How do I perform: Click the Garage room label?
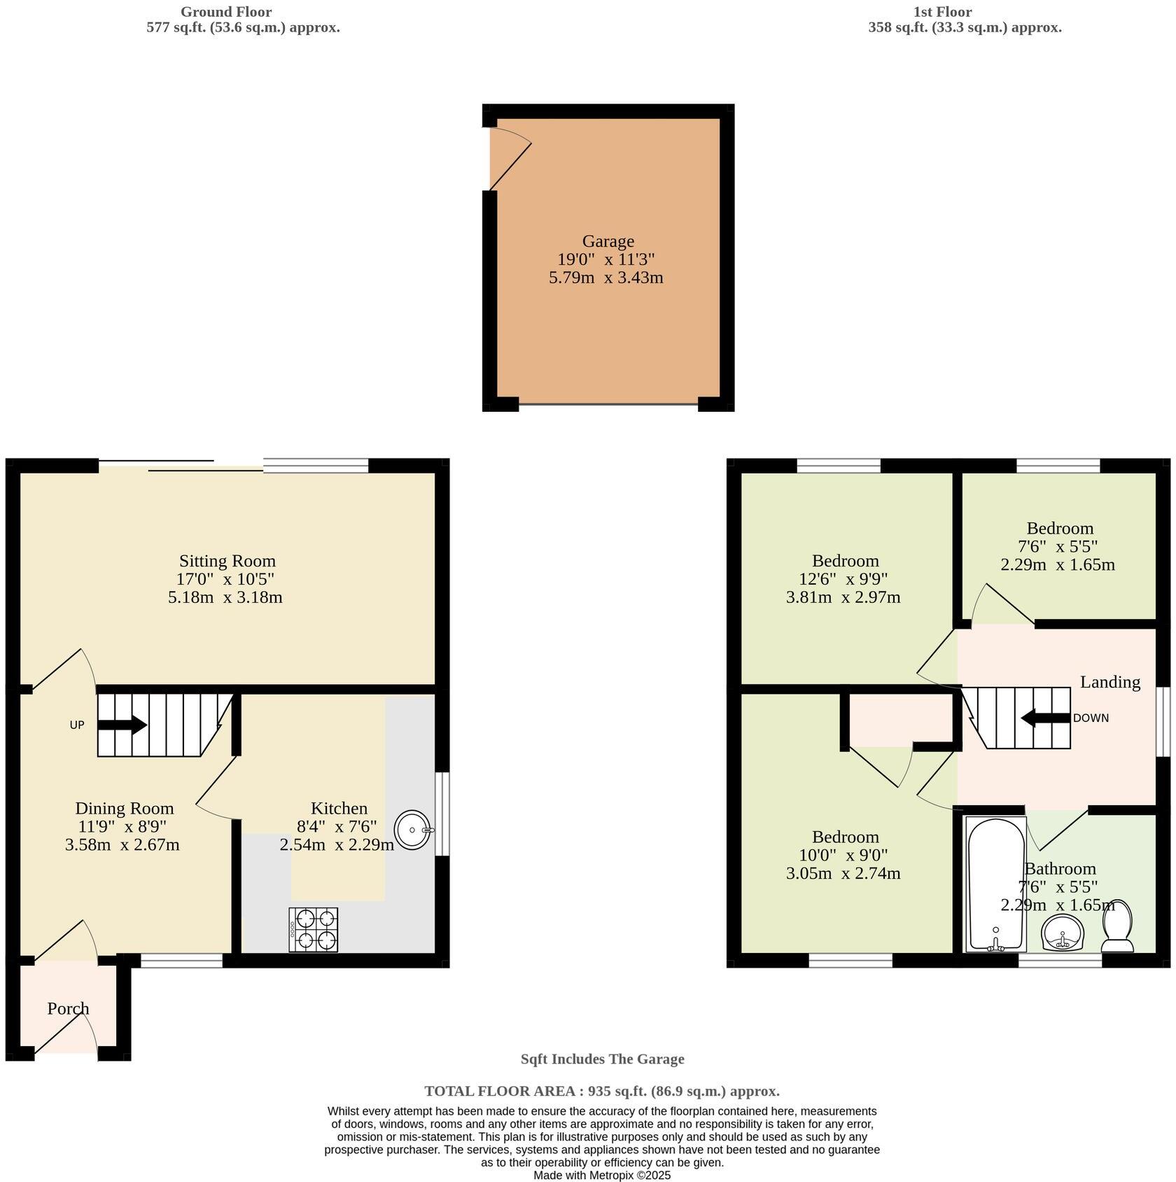pos(608,242)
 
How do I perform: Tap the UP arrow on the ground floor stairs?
pos(122,725)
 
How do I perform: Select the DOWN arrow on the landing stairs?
pos(1046,718)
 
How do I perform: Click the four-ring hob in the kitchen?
pos(313,929)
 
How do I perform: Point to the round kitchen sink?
pos(413,830)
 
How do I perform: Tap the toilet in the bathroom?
pos(1118,926)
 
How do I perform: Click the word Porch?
pos(69,1009)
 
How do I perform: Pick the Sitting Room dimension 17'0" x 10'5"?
pos(225,579)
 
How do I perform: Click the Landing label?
pos(1109,681)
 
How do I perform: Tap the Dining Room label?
pos(125,809)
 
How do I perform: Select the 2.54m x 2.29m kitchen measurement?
pos(337,844)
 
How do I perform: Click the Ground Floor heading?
pos(226,12)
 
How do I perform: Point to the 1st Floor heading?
pos(942,12)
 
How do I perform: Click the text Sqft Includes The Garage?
pos(602,1059)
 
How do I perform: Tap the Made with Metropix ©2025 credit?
pos(602,1175)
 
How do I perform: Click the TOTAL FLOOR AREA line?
pos(602,1090)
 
